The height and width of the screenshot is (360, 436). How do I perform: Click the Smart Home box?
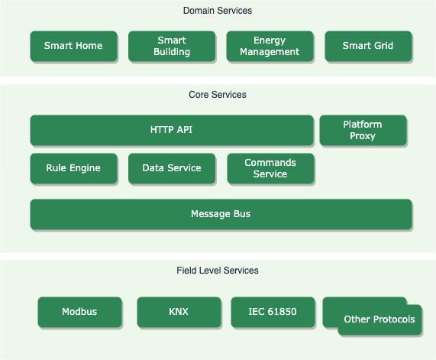[x=73, y=46]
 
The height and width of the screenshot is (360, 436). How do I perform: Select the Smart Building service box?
[x=172, y=46]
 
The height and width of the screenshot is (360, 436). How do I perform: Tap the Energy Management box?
[x=270, y=46]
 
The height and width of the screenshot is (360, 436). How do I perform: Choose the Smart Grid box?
[x=368, y=46]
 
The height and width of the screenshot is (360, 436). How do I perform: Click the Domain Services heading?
[x=218, y=11]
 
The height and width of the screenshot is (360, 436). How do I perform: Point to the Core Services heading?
[x=218, y=95]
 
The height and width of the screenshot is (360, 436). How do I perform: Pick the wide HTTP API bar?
[x=172, y=130]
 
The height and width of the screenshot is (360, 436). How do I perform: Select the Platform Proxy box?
[x=363, y=130]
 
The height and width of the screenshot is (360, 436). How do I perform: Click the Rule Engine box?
[x=73, y=168]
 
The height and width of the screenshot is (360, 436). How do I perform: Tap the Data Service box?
[x=172, y=168]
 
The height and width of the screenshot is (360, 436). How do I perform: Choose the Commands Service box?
[x=270, y=168]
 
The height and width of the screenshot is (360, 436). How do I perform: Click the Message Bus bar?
[x=221, y=214]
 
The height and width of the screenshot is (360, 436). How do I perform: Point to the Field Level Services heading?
[x=218, y=271]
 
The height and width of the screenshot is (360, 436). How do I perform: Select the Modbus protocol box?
[x=79, y=312]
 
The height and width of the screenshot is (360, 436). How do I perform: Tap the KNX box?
[x=179, y=312]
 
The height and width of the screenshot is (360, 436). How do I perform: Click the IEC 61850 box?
[x=273, y=312]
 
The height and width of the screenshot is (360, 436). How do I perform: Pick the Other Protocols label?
[x=379, y=319]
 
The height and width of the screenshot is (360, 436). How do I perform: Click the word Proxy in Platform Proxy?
[x=363, y=136]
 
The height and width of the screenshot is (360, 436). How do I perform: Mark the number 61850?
[x=282, y=312]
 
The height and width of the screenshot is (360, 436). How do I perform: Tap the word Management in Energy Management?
[x=270, y=52]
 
